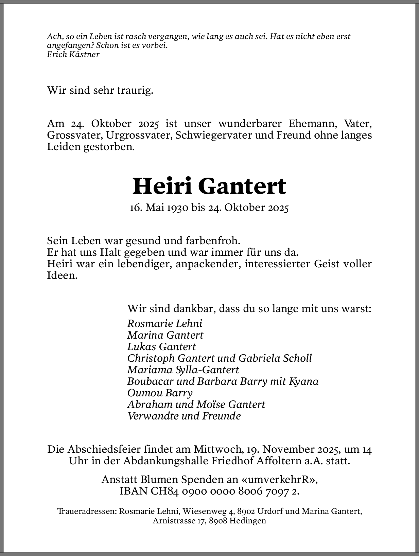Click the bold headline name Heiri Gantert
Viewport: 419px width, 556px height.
pos(209,186)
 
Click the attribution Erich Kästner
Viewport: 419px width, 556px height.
pos(73,54)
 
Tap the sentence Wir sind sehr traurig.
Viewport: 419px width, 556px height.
pos(100,90)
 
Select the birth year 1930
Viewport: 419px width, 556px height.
pos(178,208)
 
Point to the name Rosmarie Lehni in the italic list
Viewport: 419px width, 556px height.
pos(165,323)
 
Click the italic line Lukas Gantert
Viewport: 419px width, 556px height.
pos(161,346)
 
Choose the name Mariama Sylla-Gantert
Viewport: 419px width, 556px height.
pos(183,370)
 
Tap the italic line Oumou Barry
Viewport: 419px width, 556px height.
pos(160,393)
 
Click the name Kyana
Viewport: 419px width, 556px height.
pos(304,381)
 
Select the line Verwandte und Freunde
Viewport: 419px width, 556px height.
pos(184,416)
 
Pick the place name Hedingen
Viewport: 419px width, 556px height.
pos(248,521)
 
